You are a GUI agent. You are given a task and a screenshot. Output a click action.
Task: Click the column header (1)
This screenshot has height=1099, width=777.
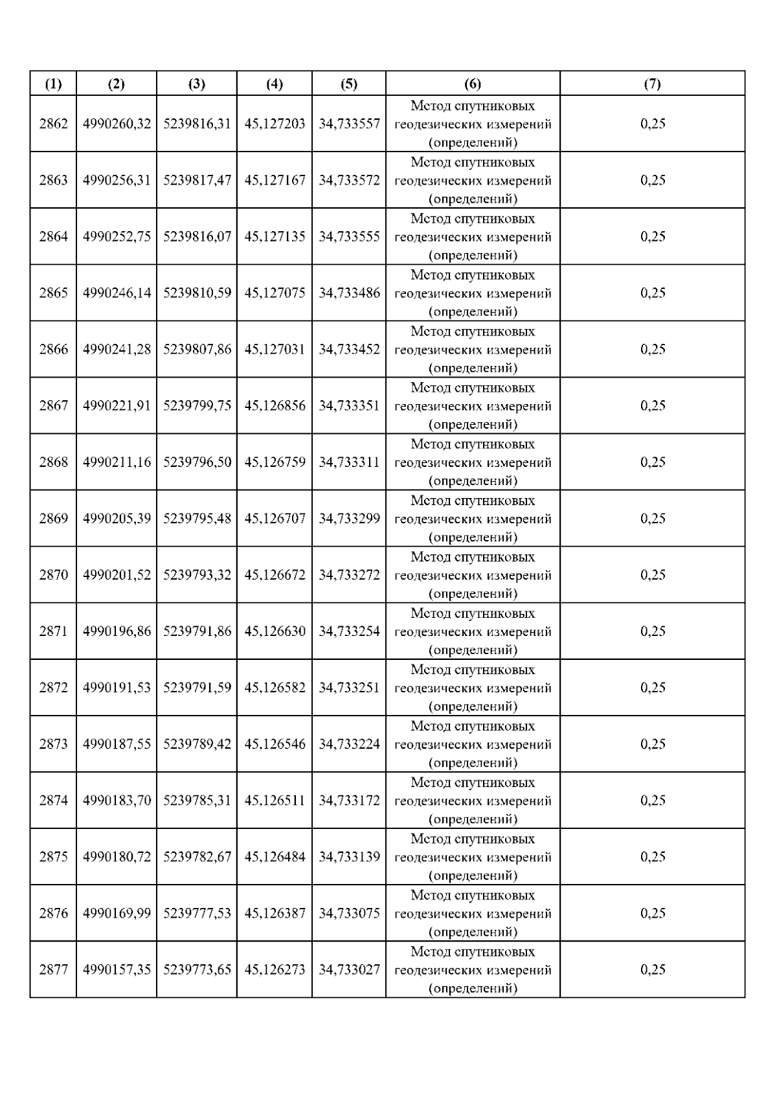coord(53,84)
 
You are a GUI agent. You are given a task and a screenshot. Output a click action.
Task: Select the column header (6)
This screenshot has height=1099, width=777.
coord(473,84)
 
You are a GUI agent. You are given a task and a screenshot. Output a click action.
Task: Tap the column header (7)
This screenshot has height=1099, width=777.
coord(652,84)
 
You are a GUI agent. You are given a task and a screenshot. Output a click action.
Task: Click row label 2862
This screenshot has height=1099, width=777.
coord(53,124)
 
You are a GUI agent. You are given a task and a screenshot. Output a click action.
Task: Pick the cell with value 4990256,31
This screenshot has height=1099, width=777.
coord(117,180)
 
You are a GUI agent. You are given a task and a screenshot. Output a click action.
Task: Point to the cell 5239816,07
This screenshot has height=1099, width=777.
coord(197,236)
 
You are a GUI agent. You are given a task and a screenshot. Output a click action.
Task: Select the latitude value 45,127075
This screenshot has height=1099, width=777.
coord(275,293)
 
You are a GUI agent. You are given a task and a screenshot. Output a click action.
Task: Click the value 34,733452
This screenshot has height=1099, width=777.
coord(349,349)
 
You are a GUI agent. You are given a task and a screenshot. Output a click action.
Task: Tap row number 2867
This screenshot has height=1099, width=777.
coord(53,405)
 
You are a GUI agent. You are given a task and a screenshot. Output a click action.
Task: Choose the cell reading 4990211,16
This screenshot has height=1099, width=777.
coord(117,462)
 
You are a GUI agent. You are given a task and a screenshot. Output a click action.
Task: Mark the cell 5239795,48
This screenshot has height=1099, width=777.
coord(197,518)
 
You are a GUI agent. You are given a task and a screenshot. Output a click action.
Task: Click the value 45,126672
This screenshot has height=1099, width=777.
coord(275,574)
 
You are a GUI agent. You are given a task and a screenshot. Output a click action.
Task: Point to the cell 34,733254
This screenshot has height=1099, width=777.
coord(349,631)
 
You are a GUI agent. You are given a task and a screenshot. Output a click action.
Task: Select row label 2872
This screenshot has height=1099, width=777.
coord(53,687)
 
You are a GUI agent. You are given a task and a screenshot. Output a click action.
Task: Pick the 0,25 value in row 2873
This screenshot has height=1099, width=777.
coord(652,743)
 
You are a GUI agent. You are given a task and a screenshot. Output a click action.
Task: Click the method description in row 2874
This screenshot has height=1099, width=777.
coord(473,800)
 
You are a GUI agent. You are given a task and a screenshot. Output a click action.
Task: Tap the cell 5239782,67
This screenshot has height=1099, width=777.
coord(197,857)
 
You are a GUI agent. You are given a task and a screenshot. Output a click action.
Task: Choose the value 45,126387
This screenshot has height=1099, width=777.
coord(275,913)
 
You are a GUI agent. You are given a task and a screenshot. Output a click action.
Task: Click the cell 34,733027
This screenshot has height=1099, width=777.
coord(349,969)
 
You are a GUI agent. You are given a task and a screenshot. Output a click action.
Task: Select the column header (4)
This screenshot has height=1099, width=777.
coord(275,84)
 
